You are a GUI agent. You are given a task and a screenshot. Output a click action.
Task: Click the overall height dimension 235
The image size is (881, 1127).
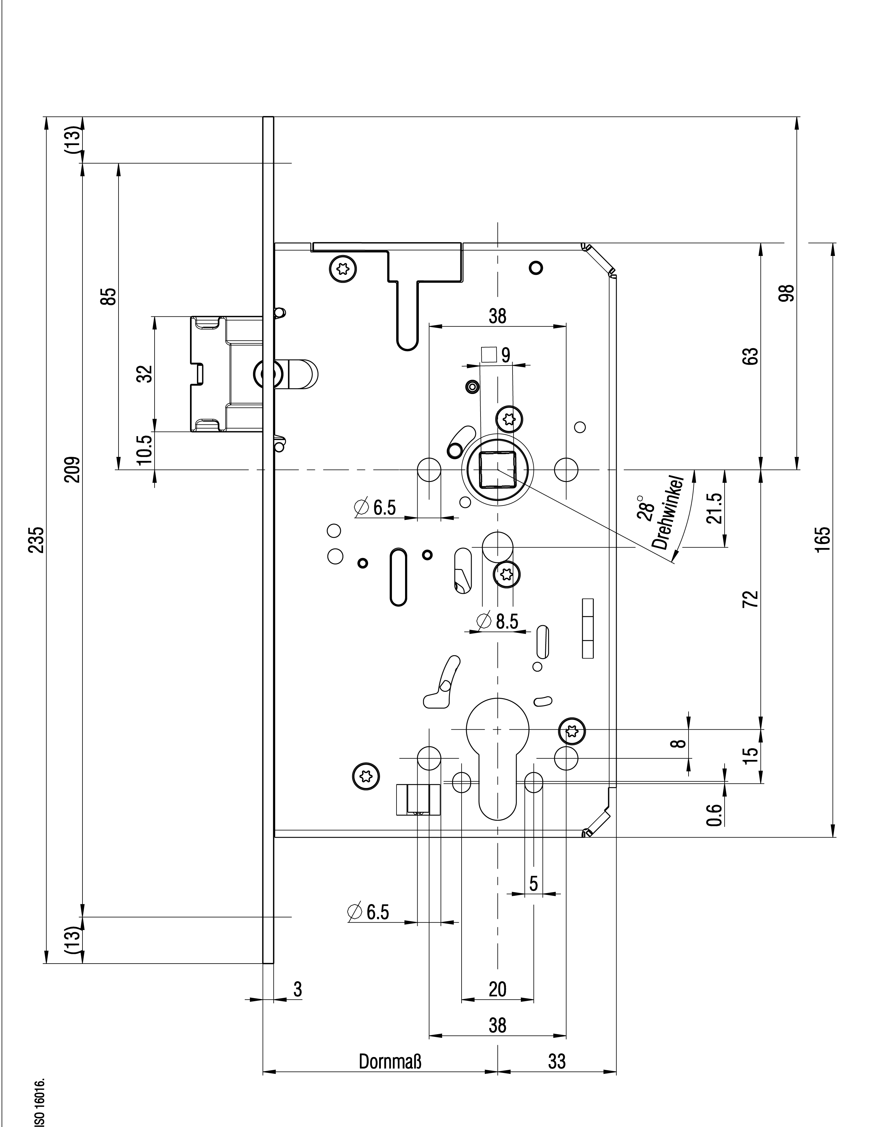(36, 540)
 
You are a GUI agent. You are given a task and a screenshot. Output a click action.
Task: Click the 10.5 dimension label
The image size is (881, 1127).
(146, 450)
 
